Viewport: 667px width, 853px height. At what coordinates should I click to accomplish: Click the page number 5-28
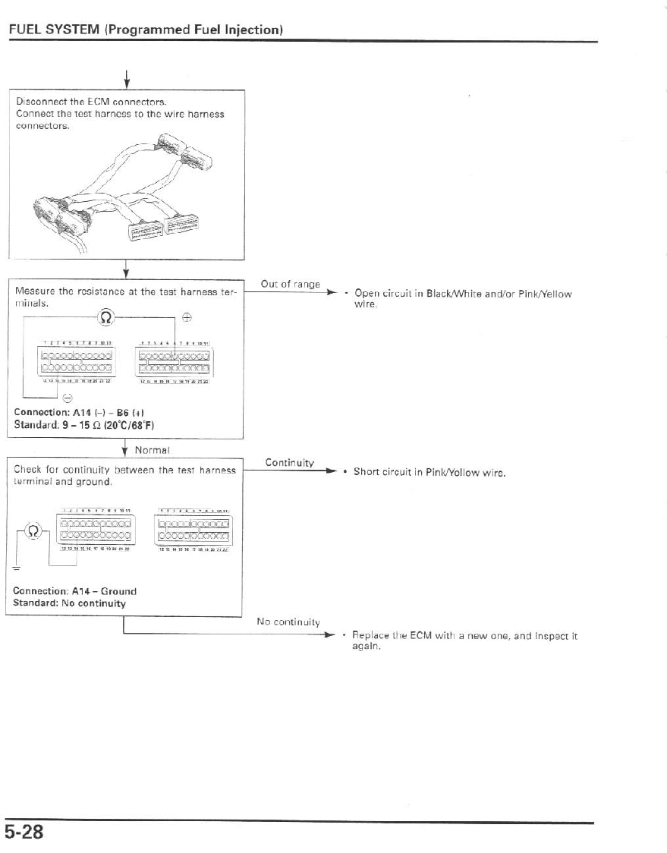click(24, 832)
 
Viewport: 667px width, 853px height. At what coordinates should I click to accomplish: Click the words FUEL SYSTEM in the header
click(55, 30)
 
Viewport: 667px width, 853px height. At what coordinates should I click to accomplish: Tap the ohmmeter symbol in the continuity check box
click(32, 530)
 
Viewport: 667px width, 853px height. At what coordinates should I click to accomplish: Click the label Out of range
click(290, 284)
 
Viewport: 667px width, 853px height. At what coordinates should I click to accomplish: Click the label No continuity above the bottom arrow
click(288, 622)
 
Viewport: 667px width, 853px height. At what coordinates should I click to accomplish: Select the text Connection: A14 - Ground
click(75, 590)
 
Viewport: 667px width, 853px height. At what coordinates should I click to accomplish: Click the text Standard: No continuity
click(70, 603)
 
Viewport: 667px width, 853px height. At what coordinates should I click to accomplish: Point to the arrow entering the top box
click(126, 78)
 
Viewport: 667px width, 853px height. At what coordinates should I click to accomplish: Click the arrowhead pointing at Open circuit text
click(331, 291)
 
